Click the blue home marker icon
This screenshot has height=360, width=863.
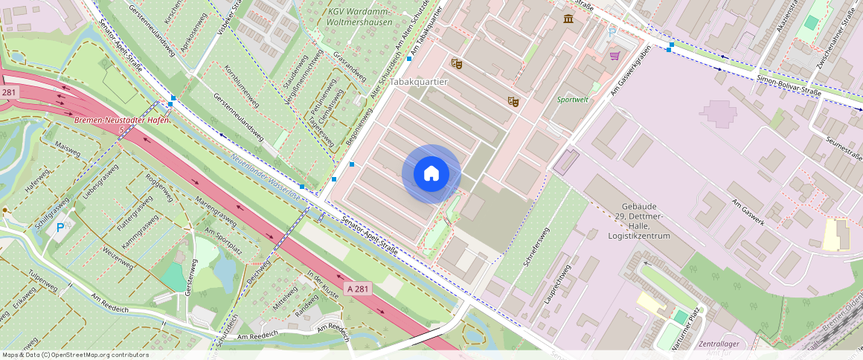(x=431, y=173)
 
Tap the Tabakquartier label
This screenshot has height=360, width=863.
(x=419, y=82)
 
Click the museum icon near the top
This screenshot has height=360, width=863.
(x=568, y=19)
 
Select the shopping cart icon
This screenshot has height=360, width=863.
(x=615, y=55)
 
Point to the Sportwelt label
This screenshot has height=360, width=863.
(x=572, y=99)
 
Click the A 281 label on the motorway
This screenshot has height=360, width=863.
(x=357, y=289)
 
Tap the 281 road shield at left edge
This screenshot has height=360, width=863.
(x=8, y=92)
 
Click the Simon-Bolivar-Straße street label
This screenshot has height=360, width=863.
(x=788, y=86)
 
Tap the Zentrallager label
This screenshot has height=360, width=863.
(x=719, y=344)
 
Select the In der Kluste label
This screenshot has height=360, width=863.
(x=322, y=286)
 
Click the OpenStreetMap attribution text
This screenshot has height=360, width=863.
(x=75, y=355)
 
